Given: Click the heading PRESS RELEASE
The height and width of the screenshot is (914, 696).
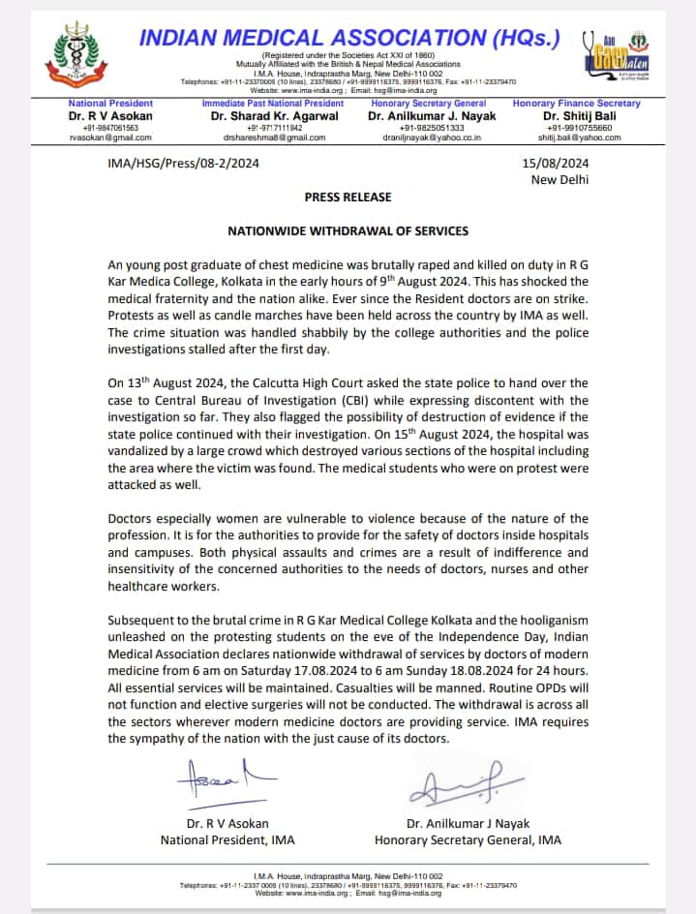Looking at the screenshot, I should [x=348, y=197].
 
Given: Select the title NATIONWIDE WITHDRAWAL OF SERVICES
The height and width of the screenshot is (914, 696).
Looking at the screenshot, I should [x=348, y=231].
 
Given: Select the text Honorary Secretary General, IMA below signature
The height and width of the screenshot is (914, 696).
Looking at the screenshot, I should [x=468, y=840].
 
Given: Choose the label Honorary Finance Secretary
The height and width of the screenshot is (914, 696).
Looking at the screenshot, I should [x=576, y=103].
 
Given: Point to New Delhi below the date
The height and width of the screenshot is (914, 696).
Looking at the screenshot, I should [x=560, y=179].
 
